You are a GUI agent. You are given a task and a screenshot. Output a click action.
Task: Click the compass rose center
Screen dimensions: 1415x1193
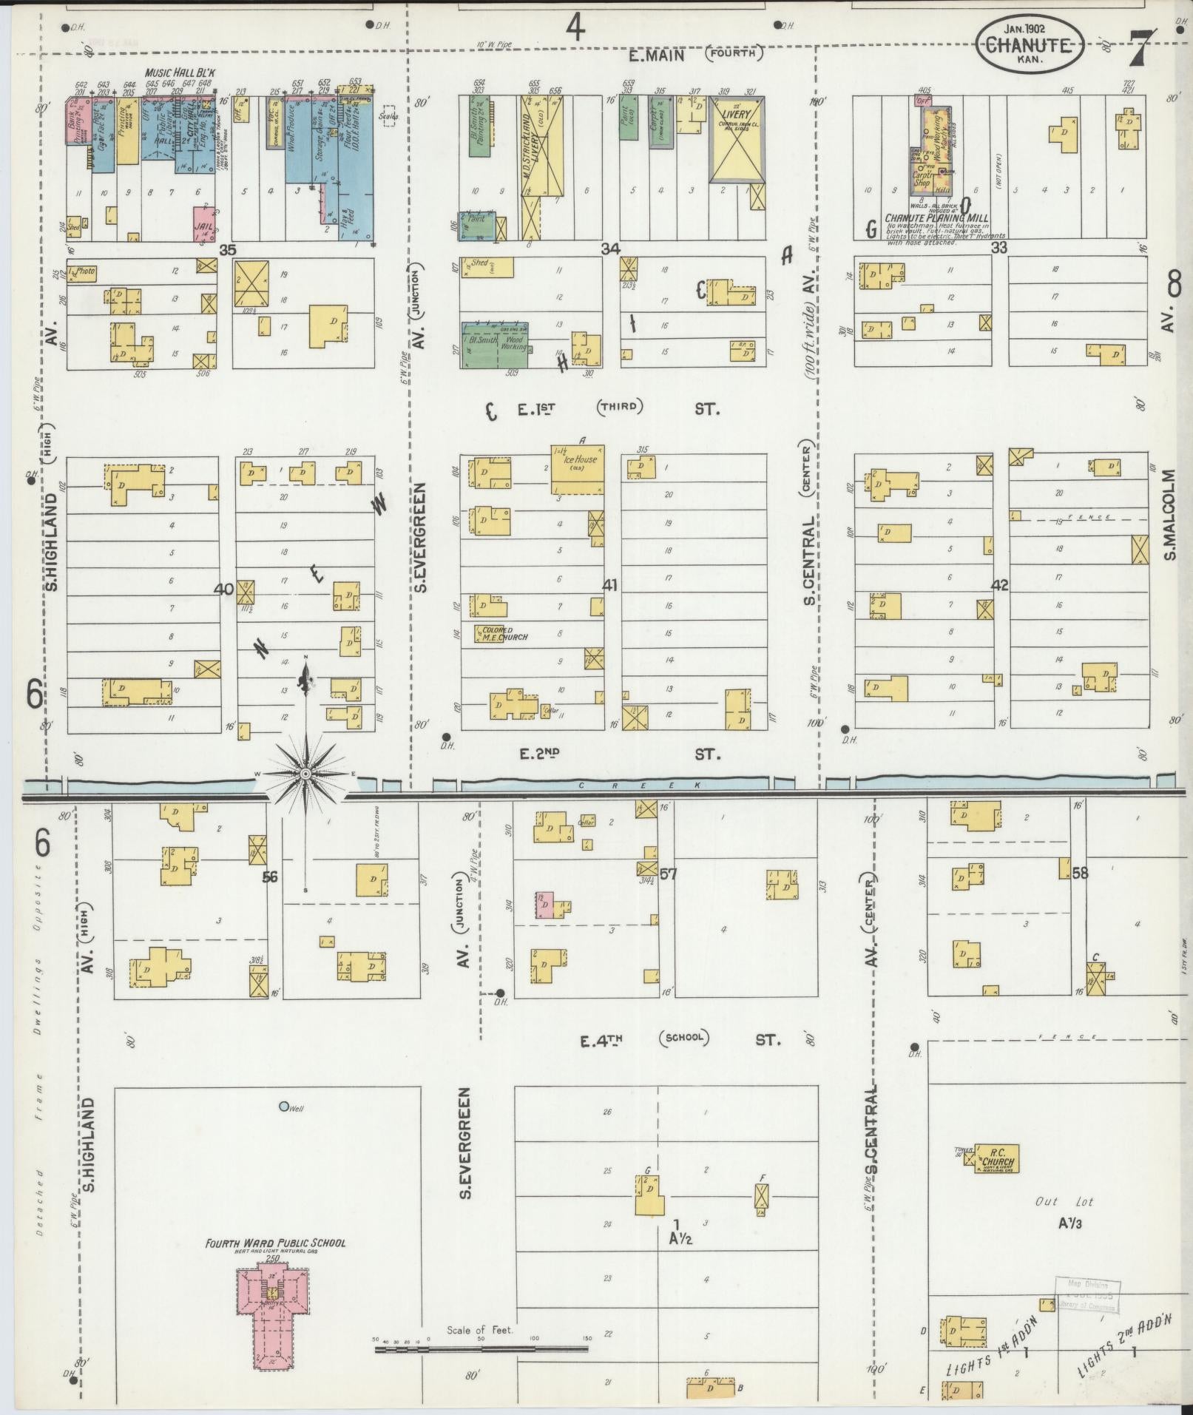click(x=305, y=773)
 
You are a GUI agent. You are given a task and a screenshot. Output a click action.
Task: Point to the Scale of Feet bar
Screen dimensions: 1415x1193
click(x=481, y=1349)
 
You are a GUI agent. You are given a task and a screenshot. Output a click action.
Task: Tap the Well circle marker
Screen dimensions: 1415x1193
click(x=283, y=1107)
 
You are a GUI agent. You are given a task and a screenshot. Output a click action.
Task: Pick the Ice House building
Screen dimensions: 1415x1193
click(x=578, y=470)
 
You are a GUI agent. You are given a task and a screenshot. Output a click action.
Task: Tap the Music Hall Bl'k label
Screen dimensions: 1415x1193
click(x=179, y=72)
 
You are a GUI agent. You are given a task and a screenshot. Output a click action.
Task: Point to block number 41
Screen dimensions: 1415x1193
click(x=609, y=585)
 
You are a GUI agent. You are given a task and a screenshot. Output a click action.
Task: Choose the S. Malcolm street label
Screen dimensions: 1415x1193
click(x=1169, y=514)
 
